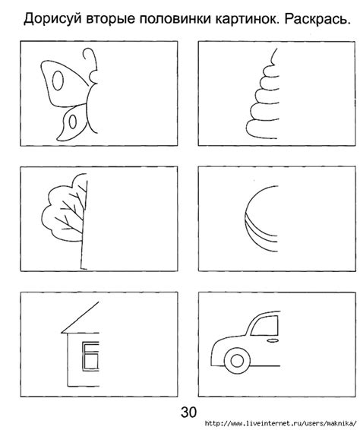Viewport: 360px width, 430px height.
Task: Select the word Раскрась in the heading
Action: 317,20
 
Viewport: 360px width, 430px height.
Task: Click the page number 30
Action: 188,412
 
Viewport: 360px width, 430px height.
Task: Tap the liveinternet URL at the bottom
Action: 281,423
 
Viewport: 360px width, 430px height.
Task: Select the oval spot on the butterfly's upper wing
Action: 58,81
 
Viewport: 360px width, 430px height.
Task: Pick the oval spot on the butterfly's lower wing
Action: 73,122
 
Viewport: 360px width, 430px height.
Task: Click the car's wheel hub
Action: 237,361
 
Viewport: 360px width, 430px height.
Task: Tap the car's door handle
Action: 273,340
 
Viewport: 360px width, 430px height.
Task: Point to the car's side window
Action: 264,325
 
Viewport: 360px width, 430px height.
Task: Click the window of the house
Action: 90,356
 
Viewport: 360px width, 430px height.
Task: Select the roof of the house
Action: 80,318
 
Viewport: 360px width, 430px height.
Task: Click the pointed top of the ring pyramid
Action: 273,56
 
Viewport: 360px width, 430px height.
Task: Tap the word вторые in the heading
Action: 111,20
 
